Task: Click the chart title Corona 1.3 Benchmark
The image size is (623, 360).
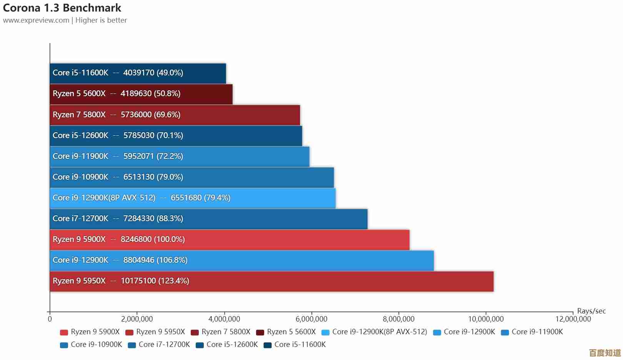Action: coord(62,8)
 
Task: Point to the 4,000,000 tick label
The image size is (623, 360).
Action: coord(224,319)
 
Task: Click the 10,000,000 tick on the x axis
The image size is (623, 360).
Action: coord(486,319)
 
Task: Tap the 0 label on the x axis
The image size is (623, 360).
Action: coord(50,319)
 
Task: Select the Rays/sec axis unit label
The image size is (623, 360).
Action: coord(591,311)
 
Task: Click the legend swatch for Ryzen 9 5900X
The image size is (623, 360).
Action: coord(64,332)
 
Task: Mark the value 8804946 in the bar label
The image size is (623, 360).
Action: coord(139,260)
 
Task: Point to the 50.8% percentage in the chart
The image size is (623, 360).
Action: coord(167,94)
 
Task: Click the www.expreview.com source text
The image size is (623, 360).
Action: coord(36,20)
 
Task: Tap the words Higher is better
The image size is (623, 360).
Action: coord(101,20)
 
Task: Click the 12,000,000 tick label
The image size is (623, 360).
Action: coord(573,319)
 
